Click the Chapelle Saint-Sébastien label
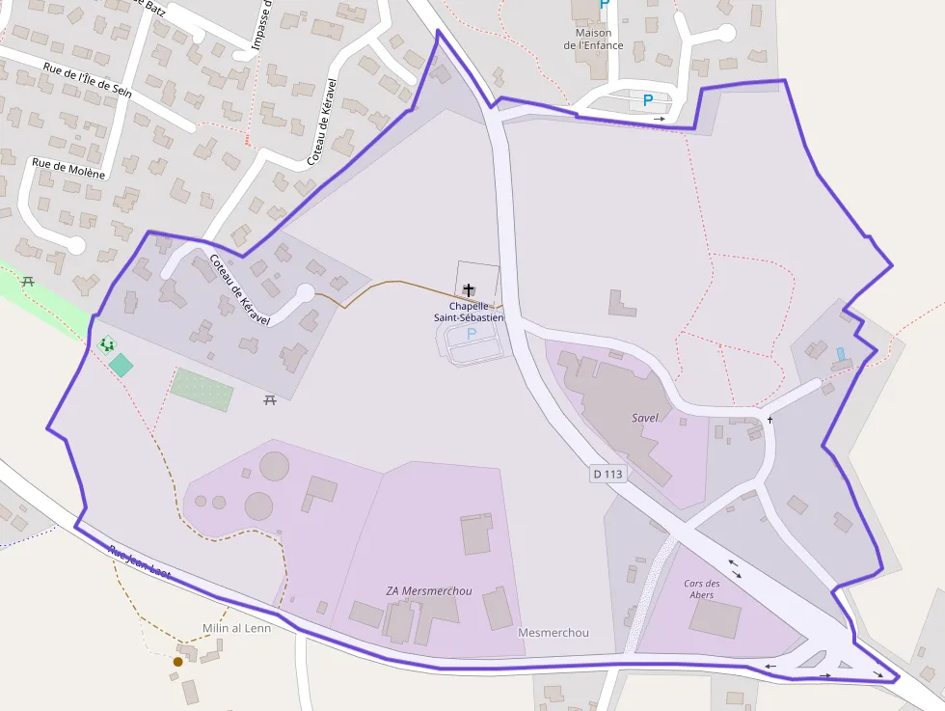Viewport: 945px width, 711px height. [469, 312]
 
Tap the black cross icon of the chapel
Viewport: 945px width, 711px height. [470, 289]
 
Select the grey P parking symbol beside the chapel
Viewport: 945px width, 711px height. [472, 334]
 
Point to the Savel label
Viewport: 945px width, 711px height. [645, 418]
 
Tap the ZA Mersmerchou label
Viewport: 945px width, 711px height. [429, 590]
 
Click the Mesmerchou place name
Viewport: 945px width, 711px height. [553, 633]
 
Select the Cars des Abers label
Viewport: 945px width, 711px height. [702, 589]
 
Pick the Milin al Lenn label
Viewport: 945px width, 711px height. [236, 628]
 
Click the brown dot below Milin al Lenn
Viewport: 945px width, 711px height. [177, 662]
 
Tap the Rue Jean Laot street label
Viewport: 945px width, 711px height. [140, 563]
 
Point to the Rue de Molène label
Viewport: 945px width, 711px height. [68, 169]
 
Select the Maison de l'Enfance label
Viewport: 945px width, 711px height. [593, 39]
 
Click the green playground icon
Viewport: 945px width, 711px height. [106, 343]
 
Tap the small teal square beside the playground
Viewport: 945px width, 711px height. [121, 365]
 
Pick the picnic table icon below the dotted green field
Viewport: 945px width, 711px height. [270, 399]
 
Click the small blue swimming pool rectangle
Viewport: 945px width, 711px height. [841, 354]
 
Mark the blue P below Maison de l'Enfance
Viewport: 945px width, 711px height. [648, 99]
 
